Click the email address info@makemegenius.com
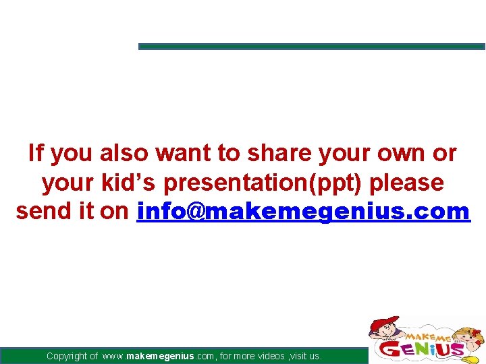pos(303,212)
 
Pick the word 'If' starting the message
pos(36,154)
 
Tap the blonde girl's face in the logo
pos(462,335)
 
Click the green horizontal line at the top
pos(311,47)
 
